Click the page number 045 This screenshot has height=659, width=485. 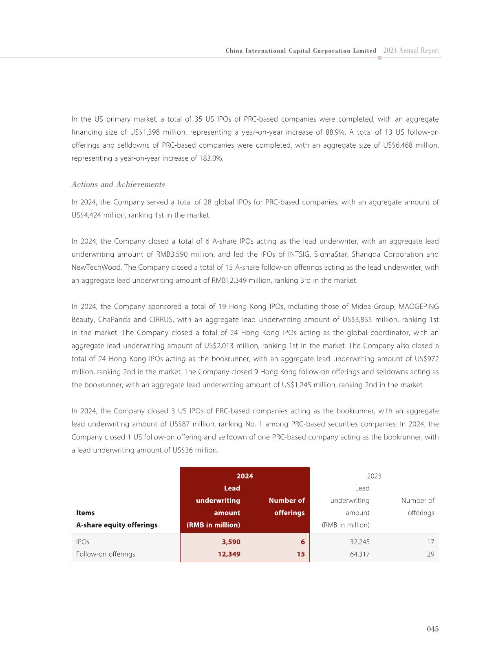coord(432,629)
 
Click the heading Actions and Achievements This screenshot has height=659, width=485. coord(118,184)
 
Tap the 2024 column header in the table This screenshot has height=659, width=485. coord(245,476)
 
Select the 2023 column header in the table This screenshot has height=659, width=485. coord(374,476)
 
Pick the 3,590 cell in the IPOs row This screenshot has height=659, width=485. coord(231,542)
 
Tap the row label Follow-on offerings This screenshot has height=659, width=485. coord(106,554)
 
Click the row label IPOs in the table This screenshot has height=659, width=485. coord(83,542)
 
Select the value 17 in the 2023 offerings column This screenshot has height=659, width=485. coord(430,542)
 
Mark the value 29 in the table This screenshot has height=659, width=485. coord(430,554)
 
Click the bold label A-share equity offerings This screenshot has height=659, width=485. coord(117,525)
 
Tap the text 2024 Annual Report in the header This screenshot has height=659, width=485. coord(411,51)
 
